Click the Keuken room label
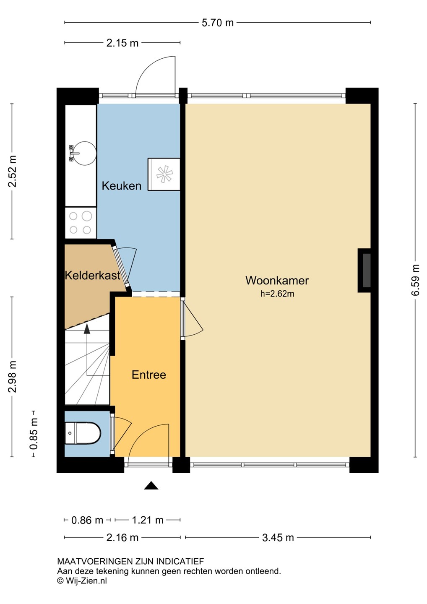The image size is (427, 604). coord(121,186)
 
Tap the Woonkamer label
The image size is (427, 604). coord(277,281)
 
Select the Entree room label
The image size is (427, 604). coord(149,375)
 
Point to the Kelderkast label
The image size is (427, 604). coord(92,276)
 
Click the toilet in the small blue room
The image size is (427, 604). coord(83,433)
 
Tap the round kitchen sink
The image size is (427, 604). coord(84,153)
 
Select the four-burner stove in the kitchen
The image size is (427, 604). coord(81,223)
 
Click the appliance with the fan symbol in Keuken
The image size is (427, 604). coord(164,174)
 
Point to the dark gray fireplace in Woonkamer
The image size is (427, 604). coord(364,271)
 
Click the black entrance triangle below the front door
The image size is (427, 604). coord(151,485)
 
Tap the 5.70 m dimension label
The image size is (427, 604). coord(218,23)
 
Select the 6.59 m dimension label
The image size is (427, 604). coord(415,280)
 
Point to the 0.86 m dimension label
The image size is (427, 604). coord(87,520)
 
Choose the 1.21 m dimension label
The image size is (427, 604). coord(148,520)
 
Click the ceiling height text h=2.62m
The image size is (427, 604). coord(277,294)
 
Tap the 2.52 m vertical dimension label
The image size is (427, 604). coord(13,171)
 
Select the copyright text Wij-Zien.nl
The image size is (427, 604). coord(82,581)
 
